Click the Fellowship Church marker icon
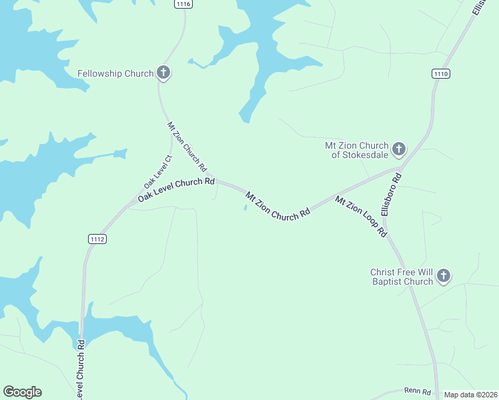(163, 73)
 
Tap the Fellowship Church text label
(115, 73)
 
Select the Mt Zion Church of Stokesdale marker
(399, 148)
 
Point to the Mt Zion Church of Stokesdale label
(356, 150)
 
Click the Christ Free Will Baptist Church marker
(444, 275)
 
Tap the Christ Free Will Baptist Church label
(402, 277)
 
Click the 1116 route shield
(184, 4)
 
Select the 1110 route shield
(440, 73)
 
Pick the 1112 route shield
(97, 239)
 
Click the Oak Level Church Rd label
(176, 189)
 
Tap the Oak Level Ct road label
(158, 171)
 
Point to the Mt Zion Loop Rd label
(361, 216)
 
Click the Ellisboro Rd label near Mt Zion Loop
(394, 193)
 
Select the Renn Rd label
(417, 391)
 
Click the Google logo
(22, 392)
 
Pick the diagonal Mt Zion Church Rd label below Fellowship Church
(186, 145)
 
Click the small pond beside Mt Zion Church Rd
(245, 207)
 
